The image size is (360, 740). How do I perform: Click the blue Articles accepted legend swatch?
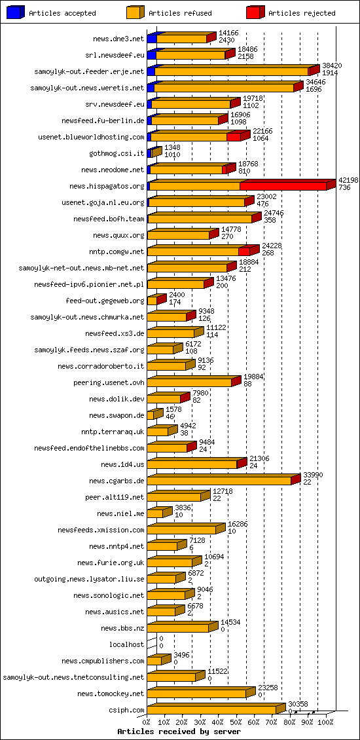16,12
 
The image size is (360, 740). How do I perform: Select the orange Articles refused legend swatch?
135,12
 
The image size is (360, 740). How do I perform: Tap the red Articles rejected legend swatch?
255,12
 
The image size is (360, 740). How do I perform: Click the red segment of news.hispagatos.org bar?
283,187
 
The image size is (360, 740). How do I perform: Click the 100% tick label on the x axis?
325,722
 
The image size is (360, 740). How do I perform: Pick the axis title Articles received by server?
179,731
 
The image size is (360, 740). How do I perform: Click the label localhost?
126,645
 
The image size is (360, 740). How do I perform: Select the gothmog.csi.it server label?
117,154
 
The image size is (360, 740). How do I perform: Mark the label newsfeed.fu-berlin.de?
103,121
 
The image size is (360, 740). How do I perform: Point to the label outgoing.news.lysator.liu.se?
89,580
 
